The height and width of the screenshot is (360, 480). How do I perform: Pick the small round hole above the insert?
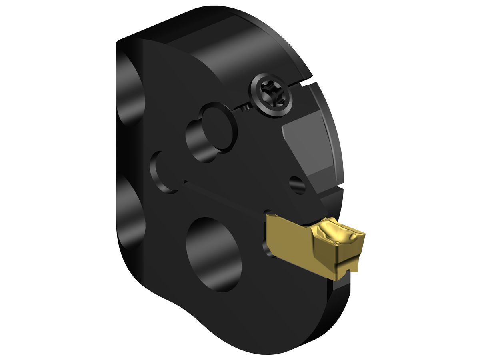(x=298, y=184)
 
